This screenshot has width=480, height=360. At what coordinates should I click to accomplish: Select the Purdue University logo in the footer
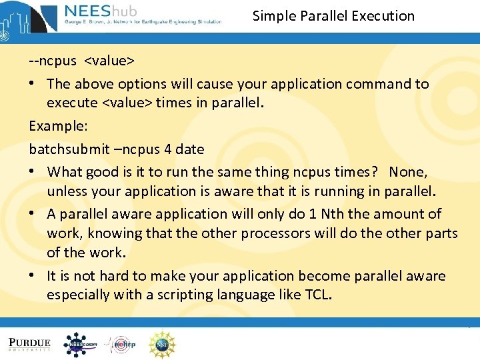29,343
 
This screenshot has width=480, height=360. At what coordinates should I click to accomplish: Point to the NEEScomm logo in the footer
80,344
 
